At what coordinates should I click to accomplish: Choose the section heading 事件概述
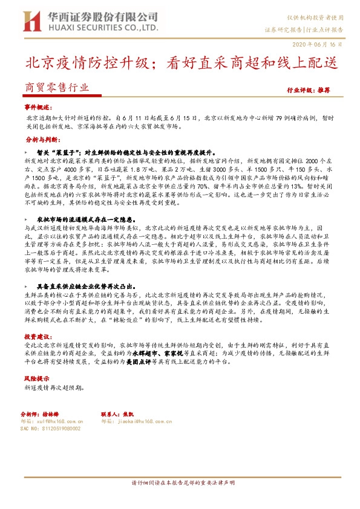(38, 106)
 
